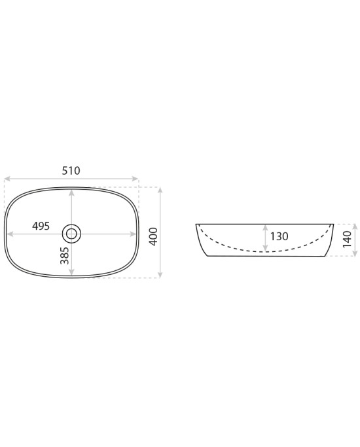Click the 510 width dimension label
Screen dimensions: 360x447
[71, 171]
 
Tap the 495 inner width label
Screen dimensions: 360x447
[41, 226]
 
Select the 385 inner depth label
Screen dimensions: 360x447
[65, 255]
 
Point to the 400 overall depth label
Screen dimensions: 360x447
[153, 237]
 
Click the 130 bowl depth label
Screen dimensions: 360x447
[279, 236]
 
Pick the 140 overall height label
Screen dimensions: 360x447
[347, 240]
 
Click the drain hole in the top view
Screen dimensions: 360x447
[71, 234]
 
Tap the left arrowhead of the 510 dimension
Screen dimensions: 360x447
[7, 179]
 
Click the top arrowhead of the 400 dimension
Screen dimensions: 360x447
[160, 190]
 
